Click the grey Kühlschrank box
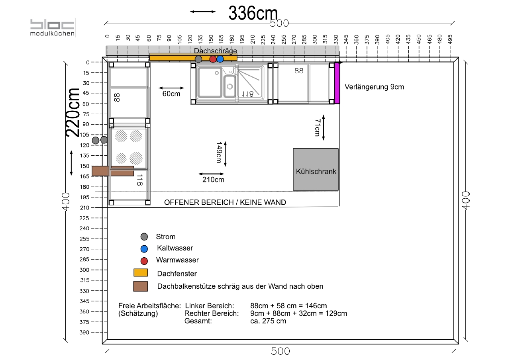(316, 169)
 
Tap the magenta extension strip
(337, 83)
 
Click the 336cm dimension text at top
(253, 13)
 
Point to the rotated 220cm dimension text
(73, 112)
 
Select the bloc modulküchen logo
(53, 27)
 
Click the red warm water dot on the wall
(213, 59)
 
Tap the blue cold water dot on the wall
(220, 59)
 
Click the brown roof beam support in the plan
(113, 171)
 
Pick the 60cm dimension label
(171, 94)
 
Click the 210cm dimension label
(213, 180)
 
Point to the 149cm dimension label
(219, 153)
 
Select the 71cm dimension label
(318, 128)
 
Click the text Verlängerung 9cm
(374, 87)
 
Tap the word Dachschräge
(215, 51)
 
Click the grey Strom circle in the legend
(144, 237)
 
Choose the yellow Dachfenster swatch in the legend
(141, 272)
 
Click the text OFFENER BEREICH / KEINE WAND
(225, 202)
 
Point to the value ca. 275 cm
(268, 321)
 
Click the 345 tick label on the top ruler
(346, 39)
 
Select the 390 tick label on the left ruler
(84, 333)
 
